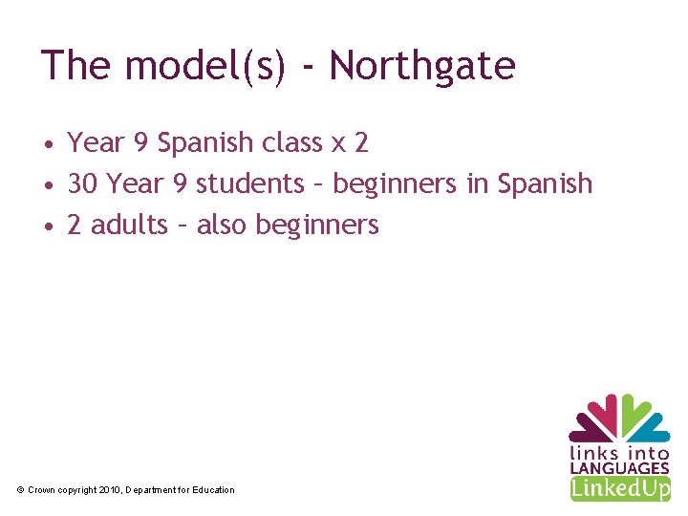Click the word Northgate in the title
pyautogui.click(x=421, y=66)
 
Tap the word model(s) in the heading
pyautogui.click(x=204, y=67)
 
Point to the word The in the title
pyautogui.click(x=76, y=66)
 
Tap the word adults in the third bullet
pyautogui.click(x=134, y=225)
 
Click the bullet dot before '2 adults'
pyautogui.click(x=47, y=226)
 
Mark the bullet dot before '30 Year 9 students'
pyautogui.click(x=47, y=185)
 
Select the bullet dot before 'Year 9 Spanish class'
pyautogui.click(x=47, y=144)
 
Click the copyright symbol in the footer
pyautogui.click(x=21, y=490)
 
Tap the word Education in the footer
pyautogui.click(x=213, y=490)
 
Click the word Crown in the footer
pyautogui.click(x=41, y=490)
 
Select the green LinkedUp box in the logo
pyautogui.click(x=619, y=489)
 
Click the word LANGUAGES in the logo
pyautogui.click(x=619, y=468)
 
